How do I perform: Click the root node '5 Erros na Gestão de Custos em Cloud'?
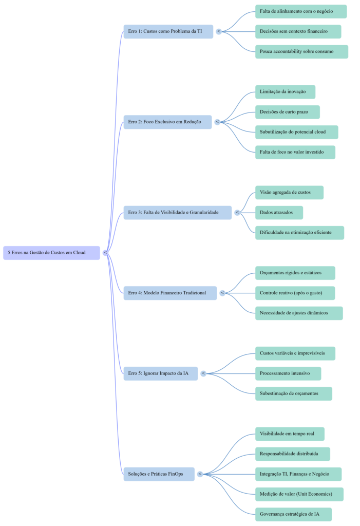[51, 253]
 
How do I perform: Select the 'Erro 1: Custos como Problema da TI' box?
[168, 31]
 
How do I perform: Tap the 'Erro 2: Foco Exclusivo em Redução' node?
[167, 122]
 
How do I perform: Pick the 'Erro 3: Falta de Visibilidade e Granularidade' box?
[177, 212]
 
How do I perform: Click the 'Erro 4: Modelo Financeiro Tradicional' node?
[170, 293]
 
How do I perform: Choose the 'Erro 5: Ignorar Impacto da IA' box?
[160, 373]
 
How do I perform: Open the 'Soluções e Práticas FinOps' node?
[159, 474]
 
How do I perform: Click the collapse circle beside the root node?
[105, 253]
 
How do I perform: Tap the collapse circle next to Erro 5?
[203, 373]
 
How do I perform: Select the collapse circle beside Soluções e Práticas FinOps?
[200, 474]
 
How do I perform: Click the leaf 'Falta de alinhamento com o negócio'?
[300, 11]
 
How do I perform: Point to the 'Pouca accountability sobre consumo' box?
[301, 51]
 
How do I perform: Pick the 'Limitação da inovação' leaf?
[285, 92]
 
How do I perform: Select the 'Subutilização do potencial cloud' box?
[296, 132]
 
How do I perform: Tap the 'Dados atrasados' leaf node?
[279, 213]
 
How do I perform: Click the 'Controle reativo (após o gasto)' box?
[295, 293]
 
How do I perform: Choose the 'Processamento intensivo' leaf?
[288, 373]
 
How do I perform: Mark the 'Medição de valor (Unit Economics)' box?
[299, 494]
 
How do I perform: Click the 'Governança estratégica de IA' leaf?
[293, 514]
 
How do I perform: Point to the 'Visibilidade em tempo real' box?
[290, 434]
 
